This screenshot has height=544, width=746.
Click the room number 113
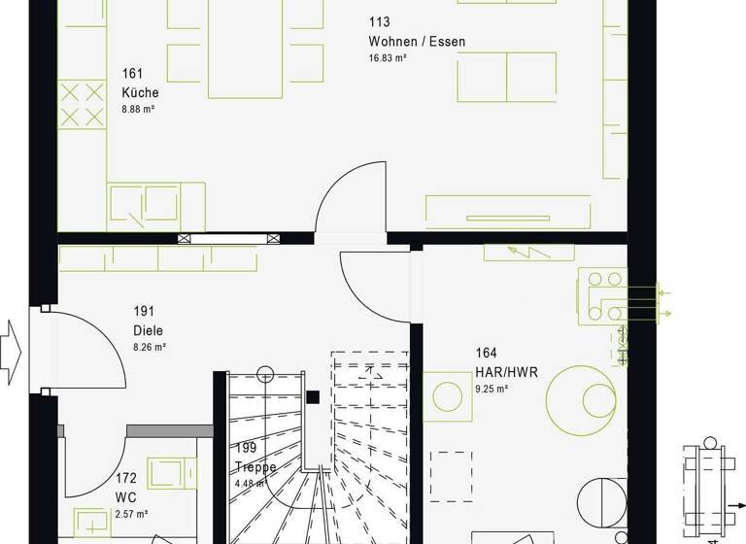click(378, 22)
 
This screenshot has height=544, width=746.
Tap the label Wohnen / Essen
click(417, 42)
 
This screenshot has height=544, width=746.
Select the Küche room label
click(140, 93)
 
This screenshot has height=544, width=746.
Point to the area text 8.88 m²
click(139, 110)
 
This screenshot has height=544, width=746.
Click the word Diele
click(149, 329)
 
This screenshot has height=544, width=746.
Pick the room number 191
click(144, 312)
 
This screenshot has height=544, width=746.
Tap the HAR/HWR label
click(506, 371)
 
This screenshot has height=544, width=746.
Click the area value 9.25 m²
click(492, 389)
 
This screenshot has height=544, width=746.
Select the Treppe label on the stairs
click(255, 467)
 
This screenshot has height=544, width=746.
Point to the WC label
click(126, 496)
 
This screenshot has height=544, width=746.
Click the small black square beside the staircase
click(312, 396)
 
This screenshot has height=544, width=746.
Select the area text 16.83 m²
click(388, 58)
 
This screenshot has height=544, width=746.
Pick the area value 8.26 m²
click(150, 347)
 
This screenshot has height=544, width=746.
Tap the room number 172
click(126, 479)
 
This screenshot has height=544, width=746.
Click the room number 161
click(132, 74)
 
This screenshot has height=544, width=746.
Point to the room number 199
click(245, 449)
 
